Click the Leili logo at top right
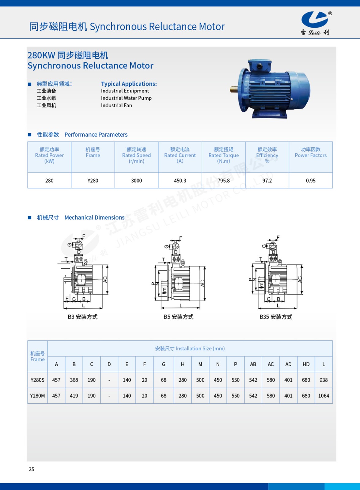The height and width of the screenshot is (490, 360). [315, 23]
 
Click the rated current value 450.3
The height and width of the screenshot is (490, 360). [180, 181]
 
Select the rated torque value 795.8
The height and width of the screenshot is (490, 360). [224, 181]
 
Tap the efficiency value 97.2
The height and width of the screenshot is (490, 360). [267, 181]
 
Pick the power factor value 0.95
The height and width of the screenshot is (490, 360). [310, 181]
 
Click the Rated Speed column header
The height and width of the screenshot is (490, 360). [136, 155]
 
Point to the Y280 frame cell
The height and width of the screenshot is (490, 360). [93, 181]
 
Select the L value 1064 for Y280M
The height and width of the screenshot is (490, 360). [324, 396]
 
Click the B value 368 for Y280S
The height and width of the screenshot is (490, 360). [74, 380]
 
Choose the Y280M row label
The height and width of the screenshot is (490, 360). [37, 396]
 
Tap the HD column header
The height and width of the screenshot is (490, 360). [306, 364]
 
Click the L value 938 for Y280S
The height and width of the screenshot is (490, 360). [324, 380]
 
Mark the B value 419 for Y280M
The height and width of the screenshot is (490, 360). [74, 396]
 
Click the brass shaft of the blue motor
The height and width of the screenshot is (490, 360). [234, 89]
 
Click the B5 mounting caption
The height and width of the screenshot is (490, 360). [178, 317]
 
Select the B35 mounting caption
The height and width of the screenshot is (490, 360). [276, 317]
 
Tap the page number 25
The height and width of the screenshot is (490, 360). [32, 469]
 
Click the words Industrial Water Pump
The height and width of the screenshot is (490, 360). [126, 98]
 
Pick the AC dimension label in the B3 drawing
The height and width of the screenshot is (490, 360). [105, 280]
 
